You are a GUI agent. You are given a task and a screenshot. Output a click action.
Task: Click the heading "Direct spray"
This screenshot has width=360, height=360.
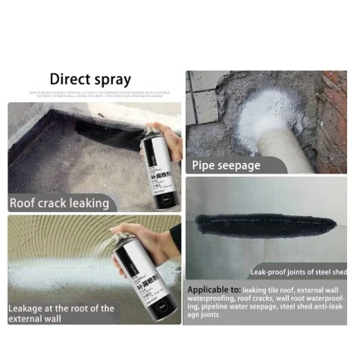pos(90,79)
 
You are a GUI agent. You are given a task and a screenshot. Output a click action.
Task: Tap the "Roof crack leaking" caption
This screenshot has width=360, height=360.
pos(59,202)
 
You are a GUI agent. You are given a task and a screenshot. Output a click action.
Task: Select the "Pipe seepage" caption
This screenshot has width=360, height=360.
pos(226,164)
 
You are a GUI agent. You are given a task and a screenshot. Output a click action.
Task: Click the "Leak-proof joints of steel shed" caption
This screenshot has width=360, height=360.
pos(298,271)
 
